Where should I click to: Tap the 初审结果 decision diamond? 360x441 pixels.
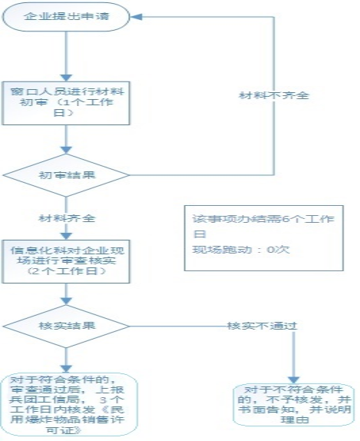click(68, 175)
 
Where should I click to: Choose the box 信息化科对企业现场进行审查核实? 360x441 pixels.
click(68, 260)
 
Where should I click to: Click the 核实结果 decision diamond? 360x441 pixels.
click(68, 325)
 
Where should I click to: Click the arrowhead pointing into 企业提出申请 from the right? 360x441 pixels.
click(130, 16)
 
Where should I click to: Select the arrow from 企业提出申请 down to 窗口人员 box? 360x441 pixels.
click(68, 54)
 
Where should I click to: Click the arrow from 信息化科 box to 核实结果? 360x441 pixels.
click(68, 293)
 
